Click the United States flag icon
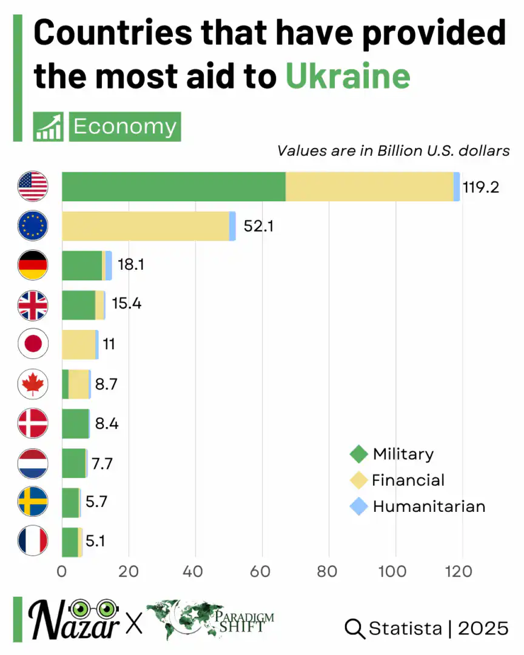(x=33, y=187)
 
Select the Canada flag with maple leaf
(x=33, y=384)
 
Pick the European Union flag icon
(x=33, y=226)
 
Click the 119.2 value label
(x=480, y=187)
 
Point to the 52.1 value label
(x=258, y=226)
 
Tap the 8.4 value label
(x=106, y=423)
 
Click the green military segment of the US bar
(x=173, y=187)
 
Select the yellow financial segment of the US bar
(x=369, y=187)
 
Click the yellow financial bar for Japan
(x=78, y=345)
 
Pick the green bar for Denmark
(x=75, y=423)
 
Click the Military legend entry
(x=403, y=454)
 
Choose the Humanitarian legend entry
(x=429, y=506)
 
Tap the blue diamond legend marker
(x=360, y=506)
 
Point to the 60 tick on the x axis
(x=262, y=571)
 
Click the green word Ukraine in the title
(x=348, y=76)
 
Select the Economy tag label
(x=125, y=127)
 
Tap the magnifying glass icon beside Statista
(x=354, y=628)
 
